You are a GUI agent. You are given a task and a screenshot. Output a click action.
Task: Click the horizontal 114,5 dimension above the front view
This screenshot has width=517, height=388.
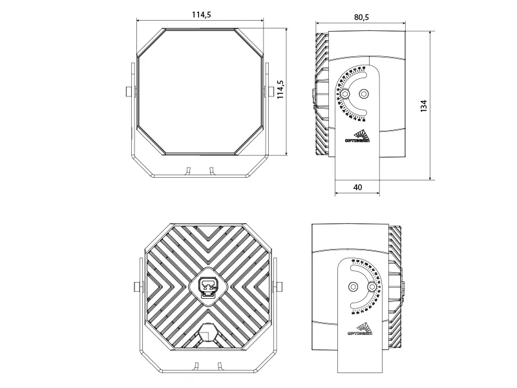[200, 15]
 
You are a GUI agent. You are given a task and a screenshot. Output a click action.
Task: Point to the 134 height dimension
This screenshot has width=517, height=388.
[424, 105]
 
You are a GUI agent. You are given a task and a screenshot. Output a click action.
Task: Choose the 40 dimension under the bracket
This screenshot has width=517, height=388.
[357, 187]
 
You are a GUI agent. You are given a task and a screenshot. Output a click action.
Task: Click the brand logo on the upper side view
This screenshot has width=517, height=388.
[356, 136]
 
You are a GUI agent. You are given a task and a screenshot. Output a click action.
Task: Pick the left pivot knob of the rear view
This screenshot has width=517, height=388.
[136, 286]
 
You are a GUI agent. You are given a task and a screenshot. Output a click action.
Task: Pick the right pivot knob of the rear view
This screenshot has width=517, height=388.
[280, 286]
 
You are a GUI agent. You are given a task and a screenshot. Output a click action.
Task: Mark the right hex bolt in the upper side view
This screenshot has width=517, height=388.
[364, 94]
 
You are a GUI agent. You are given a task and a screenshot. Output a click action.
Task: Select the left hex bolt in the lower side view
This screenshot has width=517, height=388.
[352, 286]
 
